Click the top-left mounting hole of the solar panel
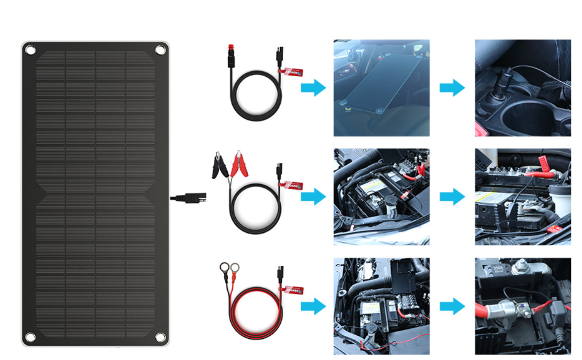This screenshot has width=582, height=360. point(30,50)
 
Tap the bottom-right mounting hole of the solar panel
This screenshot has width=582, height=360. point(160,337)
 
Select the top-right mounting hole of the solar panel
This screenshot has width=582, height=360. point(160,49)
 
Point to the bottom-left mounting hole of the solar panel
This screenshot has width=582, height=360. point(30,337)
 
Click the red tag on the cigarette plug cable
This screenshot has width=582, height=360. point(293,72)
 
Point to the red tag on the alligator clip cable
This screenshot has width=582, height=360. point(293,186)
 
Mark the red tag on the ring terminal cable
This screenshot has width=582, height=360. point(293,289)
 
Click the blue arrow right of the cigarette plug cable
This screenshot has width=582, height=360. point(313,88)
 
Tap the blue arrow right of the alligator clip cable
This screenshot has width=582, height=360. point(313,197)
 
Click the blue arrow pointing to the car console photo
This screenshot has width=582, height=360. point(452,88)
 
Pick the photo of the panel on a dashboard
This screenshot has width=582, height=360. point(381,88)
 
